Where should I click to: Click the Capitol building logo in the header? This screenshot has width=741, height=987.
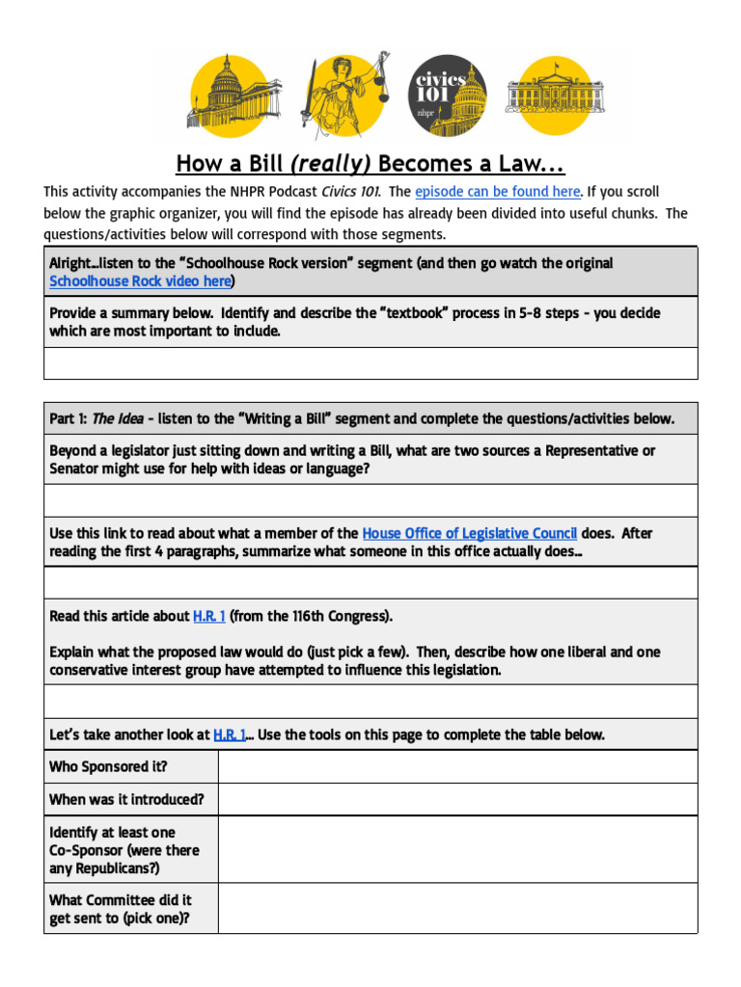click(x=232, y=96)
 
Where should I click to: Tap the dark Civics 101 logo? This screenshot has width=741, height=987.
click(x=448, y=95)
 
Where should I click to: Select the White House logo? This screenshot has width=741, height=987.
click(x=555, y=95)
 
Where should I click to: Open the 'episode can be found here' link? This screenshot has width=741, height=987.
click(x=497, y=192)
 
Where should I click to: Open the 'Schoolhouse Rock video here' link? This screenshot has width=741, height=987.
click(x=140, y=281)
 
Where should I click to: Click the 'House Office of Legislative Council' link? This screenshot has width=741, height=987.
click(x=469, y=533)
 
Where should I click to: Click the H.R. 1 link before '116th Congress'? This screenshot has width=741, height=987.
click(x=208, y=616)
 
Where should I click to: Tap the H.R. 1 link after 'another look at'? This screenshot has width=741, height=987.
click(x=229, y=734)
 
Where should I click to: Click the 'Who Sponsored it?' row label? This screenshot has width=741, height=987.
click(x=108, y=767)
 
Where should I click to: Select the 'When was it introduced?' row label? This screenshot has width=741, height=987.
click(x=126, y=799)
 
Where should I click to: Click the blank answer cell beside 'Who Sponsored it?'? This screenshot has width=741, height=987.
click(x=457, y=767)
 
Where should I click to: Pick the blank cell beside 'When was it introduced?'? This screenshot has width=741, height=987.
click(x=457, y=799)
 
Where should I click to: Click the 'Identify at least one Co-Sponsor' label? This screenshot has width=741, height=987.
click(x=124, y=849)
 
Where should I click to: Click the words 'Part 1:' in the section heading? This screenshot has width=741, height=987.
click(x=69, y=418)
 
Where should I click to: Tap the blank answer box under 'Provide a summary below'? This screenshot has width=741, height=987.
click(x=370, y=363)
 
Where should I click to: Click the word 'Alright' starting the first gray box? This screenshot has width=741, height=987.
click(x=72, y=263)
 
